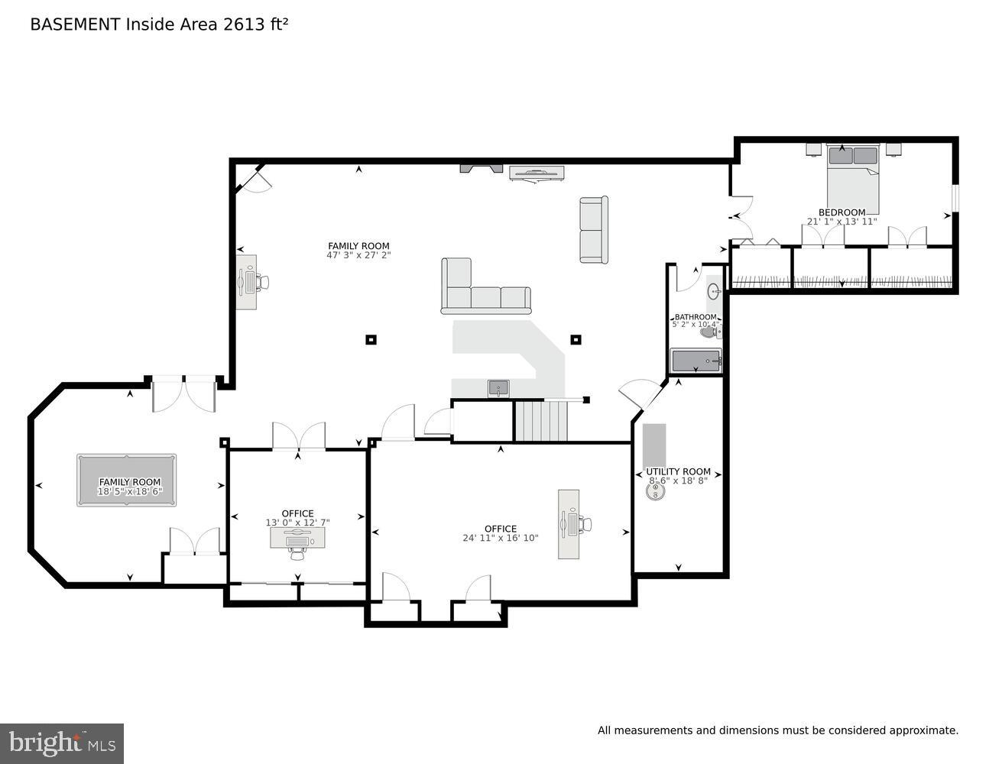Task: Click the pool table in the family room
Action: point(126,480)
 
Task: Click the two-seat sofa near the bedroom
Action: point(594,230)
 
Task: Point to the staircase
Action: point(541,421)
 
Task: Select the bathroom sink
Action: point(714,291)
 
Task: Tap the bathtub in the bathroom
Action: point(696,361)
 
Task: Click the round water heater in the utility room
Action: point(655,493)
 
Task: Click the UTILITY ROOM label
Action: point(678,471)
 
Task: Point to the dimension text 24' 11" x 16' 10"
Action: point(500,538)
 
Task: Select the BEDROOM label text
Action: point(841,212)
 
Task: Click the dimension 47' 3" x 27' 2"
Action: point(358,255)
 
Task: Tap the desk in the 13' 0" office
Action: point(297,538)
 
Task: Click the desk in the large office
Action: point(569,524)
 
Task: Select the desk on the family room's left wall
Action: point(246,282)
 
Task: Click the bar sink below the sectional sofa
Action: point(498,388)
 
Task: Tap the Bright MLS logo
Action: point(62,743)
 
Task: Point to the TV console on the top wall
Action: point(537,173)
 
